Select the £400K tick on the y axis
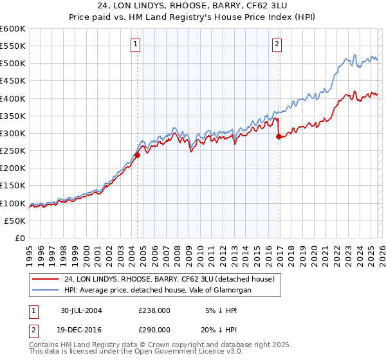(13, 98)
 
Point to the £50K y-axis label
(15, 221)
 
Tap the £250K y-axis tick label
(13, 150)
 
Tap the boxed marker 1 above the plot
(136, 44)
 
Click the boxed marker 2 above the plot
(277, 44)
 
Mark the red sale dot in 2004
(137, 155)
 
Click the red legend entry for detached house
(169, 279)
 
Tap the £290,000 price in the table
(154, 328)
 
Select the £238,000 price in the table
(154, 310)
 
